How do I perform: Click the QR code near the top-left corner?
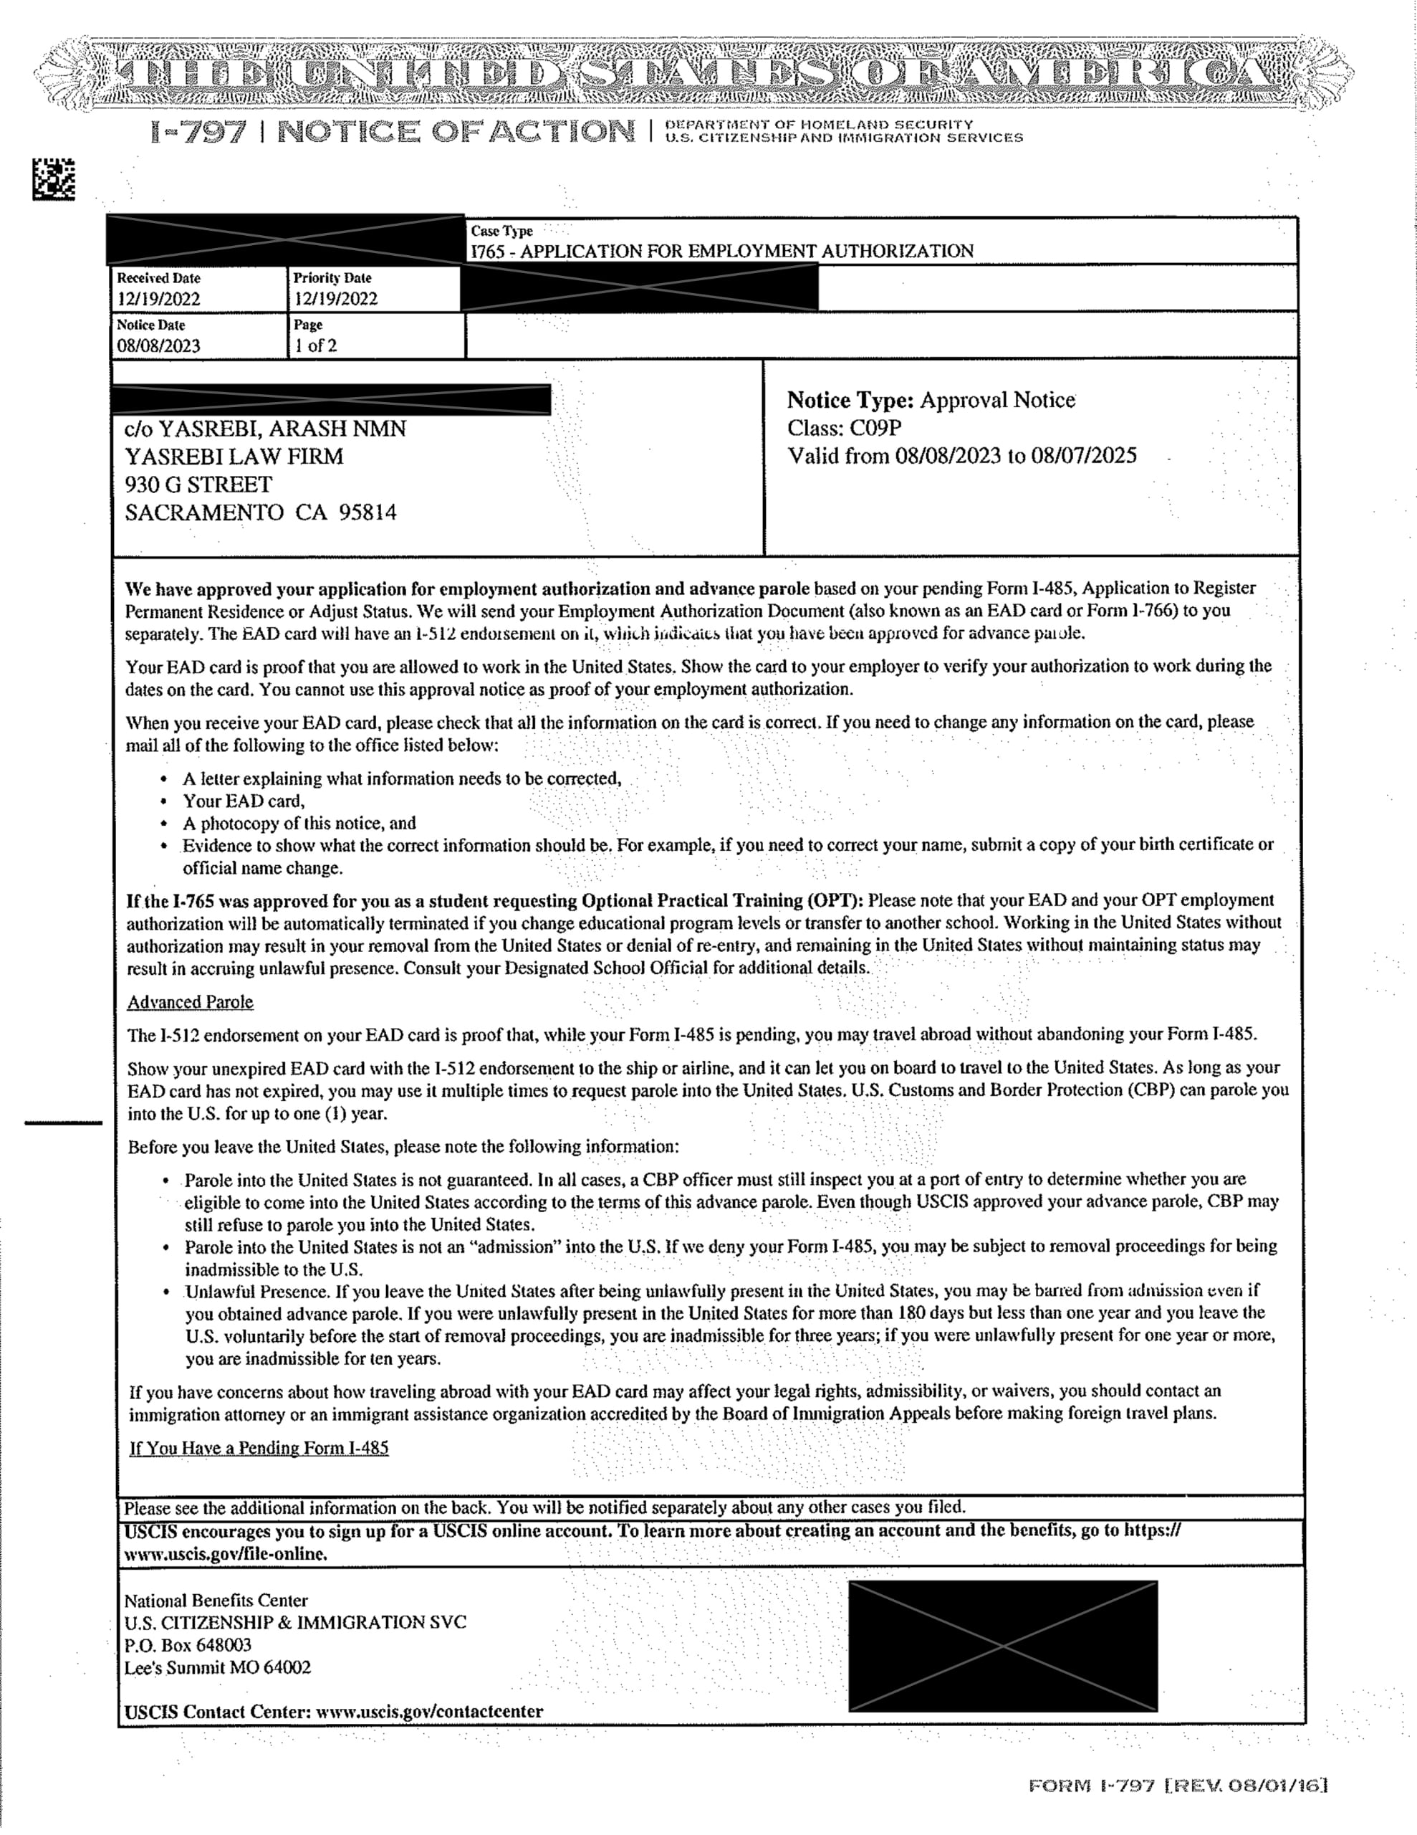(x=53, y=179)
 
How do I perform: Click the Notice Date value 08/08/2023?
(x=159, y=345)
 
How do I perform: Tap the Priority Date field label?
(x=332, y=278)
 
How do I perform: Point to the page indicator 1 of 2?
(x=315, y=345)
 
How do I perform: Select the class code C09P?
(x=876, y=429)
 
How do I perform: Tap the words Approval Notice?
(x=997, y=400)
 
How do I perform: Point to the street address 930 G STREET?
(x=199, y=485)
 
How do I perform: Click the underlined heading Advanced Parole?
(x=190, y=1002)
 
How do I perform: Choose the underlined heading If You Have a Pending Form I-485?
(x=259, y=1448)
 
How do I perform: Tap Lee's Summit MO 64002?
(x=218, y=1668)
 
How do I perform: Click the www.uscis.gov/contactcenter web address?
(x=429, y=1712)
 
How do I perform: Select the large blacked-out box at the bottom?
(x=1003, y=1646)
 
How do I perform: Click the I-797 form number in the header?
(x=199, y=131)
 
